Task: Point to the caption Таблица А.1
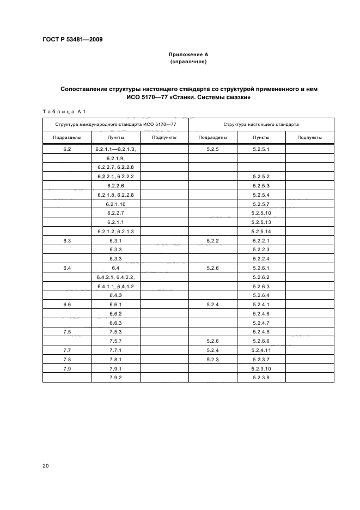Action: pyautogui.click(x=62, y=112)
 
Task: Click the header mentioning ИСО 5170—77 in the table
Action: pyautogui.click(x=115, y=125)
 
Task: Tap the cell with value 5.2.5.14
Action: pyautogui.click(x=261, y=231)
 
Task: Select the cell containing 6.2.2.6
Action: pyautogui.click(x=116, y=185)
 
